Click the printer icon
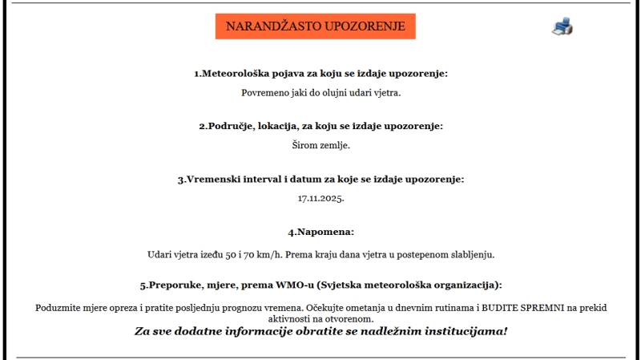(x=562, y=26)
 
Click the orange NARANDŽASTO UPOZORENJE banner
(x=315, y=26)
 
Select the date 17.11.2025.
(x=320, y=197)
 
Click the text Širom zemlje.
(x=320, y=145)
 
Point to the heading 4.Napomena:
(x=320, y=233)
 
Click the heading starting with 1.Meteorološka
(x=320, y=74)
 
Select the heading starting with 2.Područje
(x=320, y=126)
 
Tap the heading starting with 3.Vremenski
(x=320, y=179)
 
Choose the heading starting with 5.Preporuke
(x=320, y=285)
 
